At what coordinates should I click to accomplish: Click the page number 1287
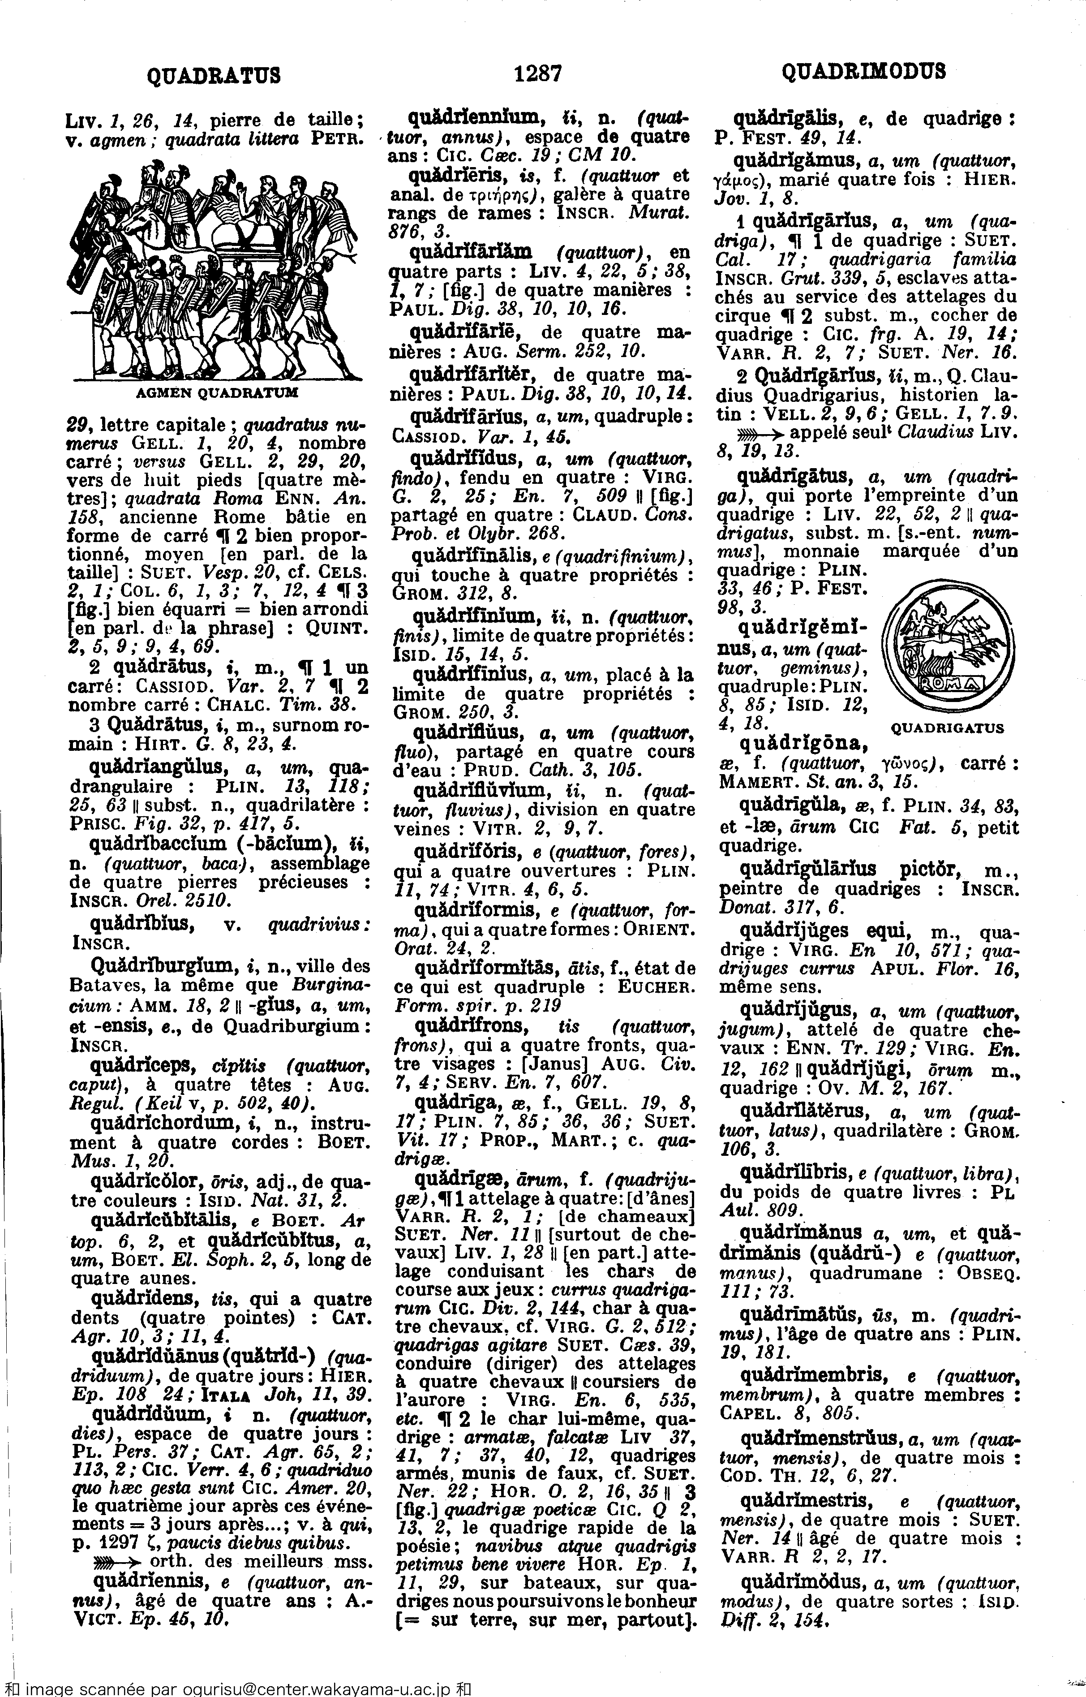[537, 73]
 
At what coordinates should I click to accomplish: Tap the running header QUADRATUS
[213, 74]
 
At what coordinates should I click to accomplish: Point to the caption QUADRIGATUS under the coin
[947, 728]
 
